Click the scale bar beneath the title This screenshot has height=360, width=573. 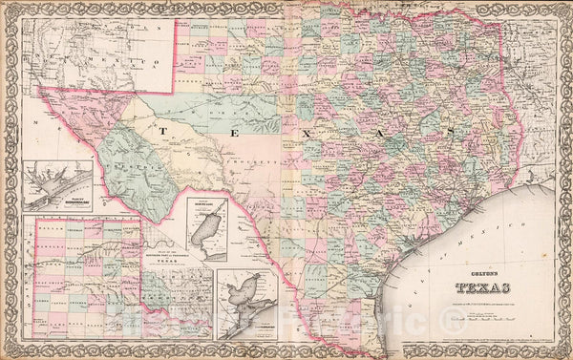(477, 312)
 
